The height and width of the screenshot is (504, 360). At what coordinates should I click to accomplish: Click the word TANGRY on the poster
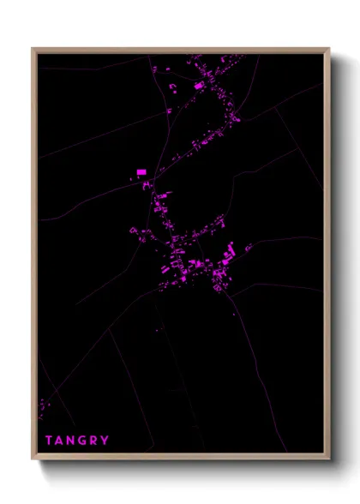[x=77, y=441]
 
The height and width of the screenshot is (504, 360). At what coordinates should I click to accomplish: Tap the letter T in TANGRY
[x=49, y=441]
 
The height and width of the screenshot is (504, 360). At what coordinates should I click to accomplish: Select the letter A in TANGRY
[x=60, y=441]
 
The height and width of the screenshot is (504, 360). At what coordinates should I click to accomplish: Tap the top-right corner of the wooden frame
[x=329, y=49]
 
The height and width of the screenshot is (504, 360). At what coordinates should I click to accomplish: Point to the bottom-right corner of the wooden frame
[x=329, y=459]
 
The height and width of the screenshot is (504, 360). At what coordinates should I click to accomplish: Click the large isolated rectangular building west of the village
[x=141, y=172]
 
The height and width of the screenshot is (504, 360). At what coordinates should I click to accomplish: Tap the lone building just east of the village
[x=249, y=249]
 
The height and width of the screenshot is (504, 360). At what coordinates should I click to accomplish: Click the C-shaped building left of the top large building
[x=171, y=87]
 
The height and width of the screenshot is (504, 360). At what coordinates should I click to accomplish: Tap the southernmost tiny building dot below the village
[x=158, y=328]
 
